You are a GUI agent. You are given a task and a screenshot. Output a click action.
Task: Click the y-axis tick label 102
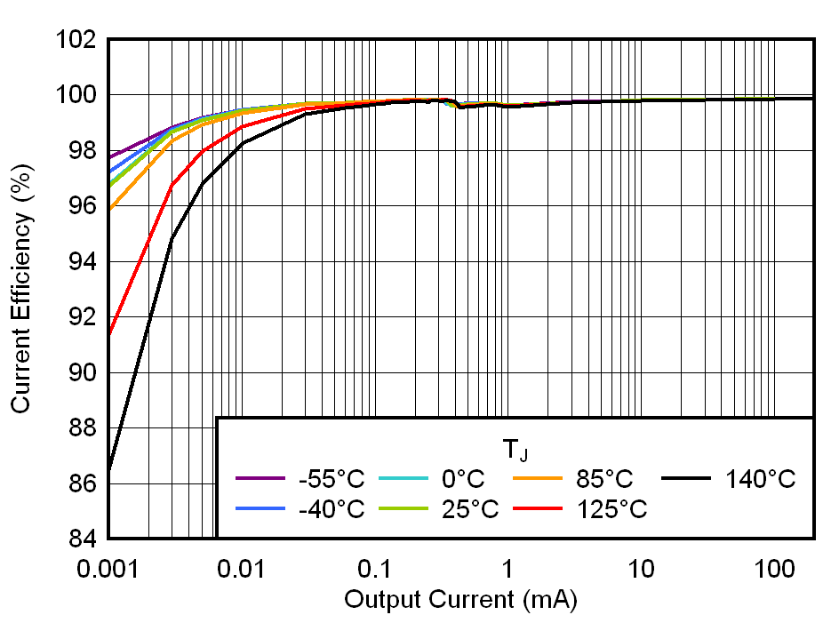(76, 40)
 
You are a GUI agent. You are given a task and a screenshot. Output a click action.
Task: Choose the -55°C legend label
(331, 480)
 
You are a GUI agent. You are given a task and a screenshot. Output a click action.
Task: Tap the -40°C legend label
(331, 509)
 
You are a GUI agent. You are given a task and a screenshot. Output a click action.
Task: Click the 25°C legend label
(468, 509)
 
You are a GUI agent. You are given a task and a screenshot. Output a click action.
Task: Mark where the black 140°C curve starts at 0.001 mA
(108, 468)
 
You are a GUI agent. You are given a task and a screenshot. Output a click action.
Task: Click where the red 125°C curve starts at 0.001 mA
(108, 335)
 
